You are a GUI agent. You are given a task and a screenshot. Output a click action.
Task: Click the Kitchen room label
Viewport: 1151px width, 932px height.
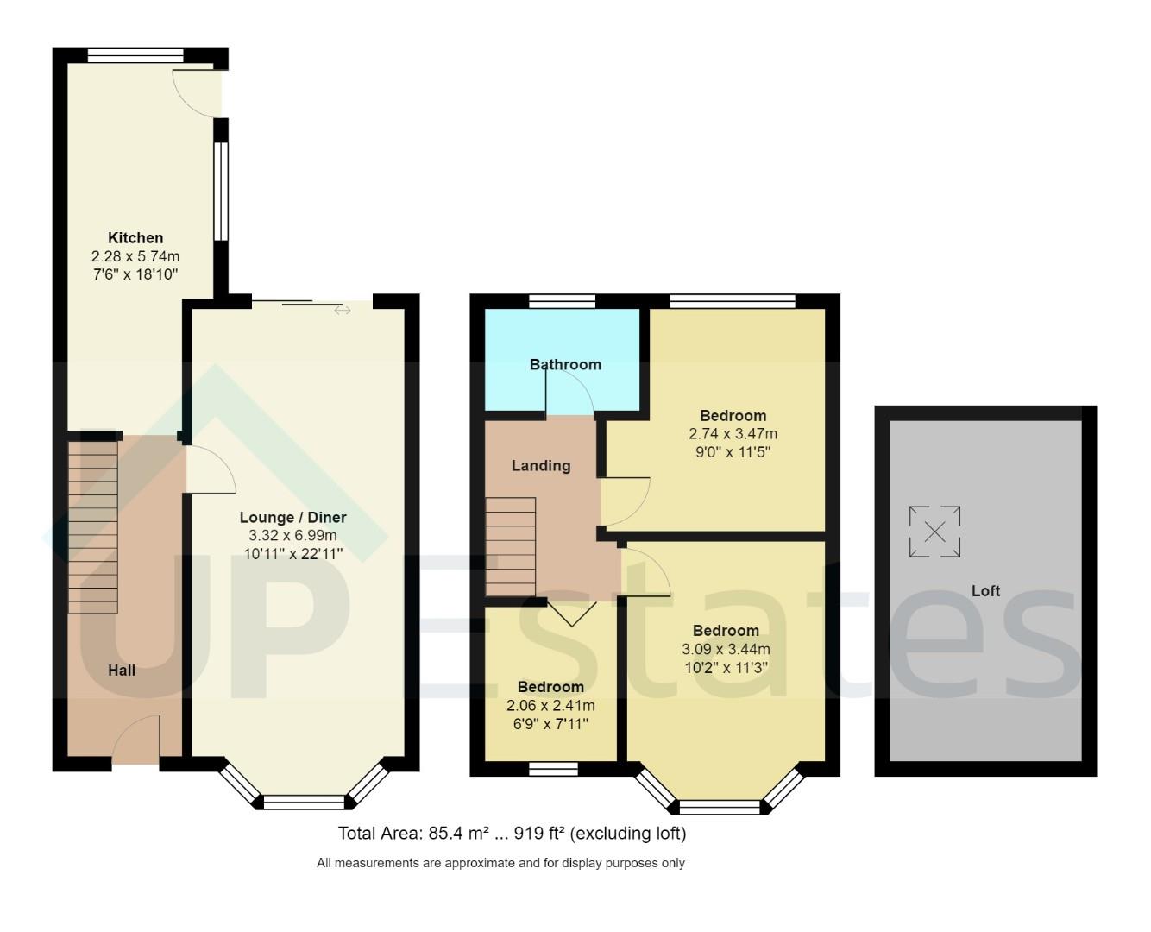tap(135, 238)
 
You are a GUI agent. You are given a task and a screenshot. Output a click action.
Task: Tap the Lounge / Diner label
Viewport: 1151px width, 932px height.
tap(292, 518)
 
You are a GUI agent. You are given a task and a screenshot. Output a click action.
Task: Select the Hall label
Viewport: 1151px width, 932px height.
tap(122, 671)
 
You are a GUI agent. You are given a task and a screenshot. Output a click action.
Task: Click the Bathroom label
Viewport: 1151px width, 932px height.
tap(565, 365)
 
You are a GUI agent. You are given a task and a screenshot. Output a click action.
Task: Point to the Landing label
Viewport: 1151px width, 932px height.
tap(541, 466)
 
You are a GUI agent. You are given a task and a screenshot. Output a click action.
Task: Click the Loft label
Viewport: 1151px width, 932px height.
tap(985, 591)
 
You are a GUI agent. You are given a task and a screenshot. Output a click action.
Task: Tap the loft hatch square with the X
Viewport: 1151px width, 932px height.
tap(934, 532)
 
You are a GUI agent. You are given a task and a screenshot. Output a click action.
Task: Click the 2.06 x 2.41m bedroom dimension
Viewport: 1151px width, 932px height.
tap(550, 706)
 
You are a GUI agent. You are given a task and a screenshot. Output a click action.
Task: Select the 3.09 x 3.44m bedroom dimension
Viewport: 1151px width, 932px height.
tap(726, 649)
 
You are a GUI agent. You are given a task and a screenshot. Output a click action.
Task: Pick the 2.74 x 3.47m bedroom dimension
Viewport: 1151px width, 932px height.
tap(733, 434)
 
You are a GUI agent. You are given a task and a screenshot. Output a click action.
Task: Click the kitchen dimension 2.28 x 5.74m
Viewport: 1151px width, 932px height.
tap(135, 257)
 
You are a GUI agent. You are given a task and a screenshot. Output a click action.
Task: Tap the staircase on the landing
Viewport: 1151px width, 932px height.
tap(511, 546)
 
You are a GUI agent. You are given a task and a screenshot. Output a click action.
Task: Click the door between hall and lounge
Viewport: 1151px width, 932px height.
tap(209, 470)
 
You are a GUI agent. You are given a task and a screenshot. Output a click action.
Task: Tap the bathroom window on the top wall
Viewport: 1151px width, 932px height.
tap(562, 301)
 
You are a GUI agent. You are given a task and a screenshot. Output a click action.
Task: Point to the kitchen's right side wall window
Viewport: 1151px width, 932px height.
tap(221, 191)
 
